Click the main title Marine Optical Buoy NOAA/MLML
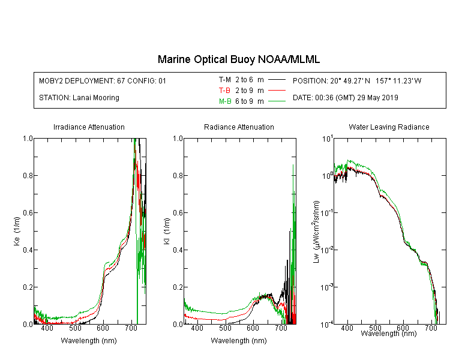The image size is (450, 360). pyautogui.click(x=238, y=59)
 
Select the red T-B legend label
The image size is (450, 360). pyautogui.click(x=224, y=91)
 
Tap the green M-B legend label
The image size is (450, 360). pyautogui.click(x=225, y=101)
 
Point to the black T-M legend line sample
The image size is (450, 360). pyautogui.click(x=277, y=80)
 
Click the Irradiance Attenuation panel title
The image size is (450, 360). pyautogui.click(x=89, y=127)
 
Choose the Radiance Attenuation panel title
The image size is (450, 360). pyautogui.click(x=239, y=127)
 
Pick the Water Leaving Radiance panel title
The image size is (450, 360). pyautogui.click(x=389, y=127)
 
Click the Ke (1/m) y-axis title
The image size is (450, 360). pyautogui.click(x=17, y=232)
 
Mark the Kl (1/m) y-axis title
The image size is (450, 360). pyautogui.click(x=167, y=232)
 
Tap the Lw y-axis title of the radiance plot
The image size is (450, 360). pyautogui.click(x=316, y=232)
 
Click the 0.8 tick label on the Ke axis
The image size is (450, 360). pyautogui.click(x=28, y=175)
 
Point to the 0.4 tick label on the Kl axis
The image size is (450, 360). pyautogui.click(x=178, y=250)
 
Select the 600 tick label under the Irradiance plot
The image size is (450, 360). pyautogui.click(x=103, y=328)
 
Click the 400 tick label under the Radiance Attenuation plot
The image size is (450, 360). pyautogui.click(x=197, y=328)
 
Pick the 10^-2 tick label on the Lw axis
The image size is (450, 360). pyautogui.click(x=327, y=250)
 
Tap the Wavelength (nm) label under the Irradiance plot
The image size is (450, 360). pyautogui.click(x=89, y=341)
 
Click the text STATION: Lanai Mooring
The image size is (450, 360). pyautogui.click(x=79, y=98)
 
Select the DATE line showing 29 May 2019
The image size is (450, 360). pyautogui.click(x=346, y=98)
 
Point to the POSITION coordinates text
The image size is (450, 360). pyautogui.click(x=357, y=80)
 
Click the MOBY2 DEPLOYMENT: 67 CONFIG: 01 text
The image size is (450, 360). pyautogui.click(x=103, y=80)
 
